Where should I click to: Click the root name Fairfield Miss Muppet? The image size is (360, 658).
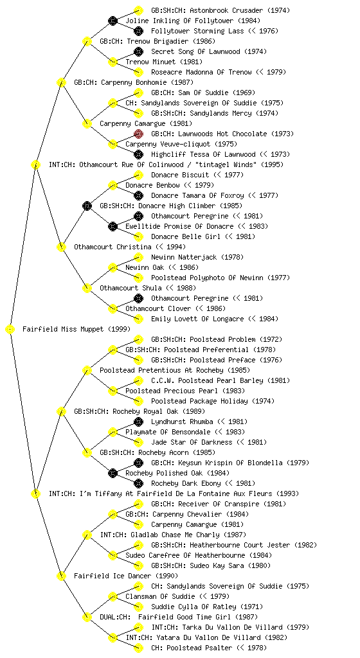point(63,329)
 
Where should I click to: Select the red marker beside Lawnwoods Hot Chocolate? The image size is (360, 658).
point(138,134)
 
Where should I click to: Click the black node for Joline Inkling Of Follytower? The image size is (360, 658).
point(113,21)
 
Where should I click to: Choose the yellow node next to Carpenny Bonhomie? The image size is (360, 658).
point(61,82)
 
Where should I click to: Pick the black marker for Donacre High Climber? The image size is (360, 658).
point(87,206)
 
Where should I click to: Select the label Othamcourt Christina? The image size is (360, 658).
point(113,247)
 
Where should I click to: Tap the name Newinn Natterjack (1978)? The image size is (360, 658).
point(197,257)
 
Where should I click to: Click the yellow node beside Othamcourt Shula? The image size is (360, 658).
point(87,288)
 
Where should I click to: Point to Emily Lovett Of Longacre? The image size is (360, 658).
point(197,319)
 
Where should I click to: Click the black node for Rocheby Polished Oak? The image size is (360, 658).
point(113,473)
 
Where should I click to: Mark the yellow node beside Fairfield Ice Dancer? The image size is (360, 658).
point(61,576)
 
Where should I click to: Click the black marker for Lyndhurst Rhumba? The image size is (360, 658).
point(138,422)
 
